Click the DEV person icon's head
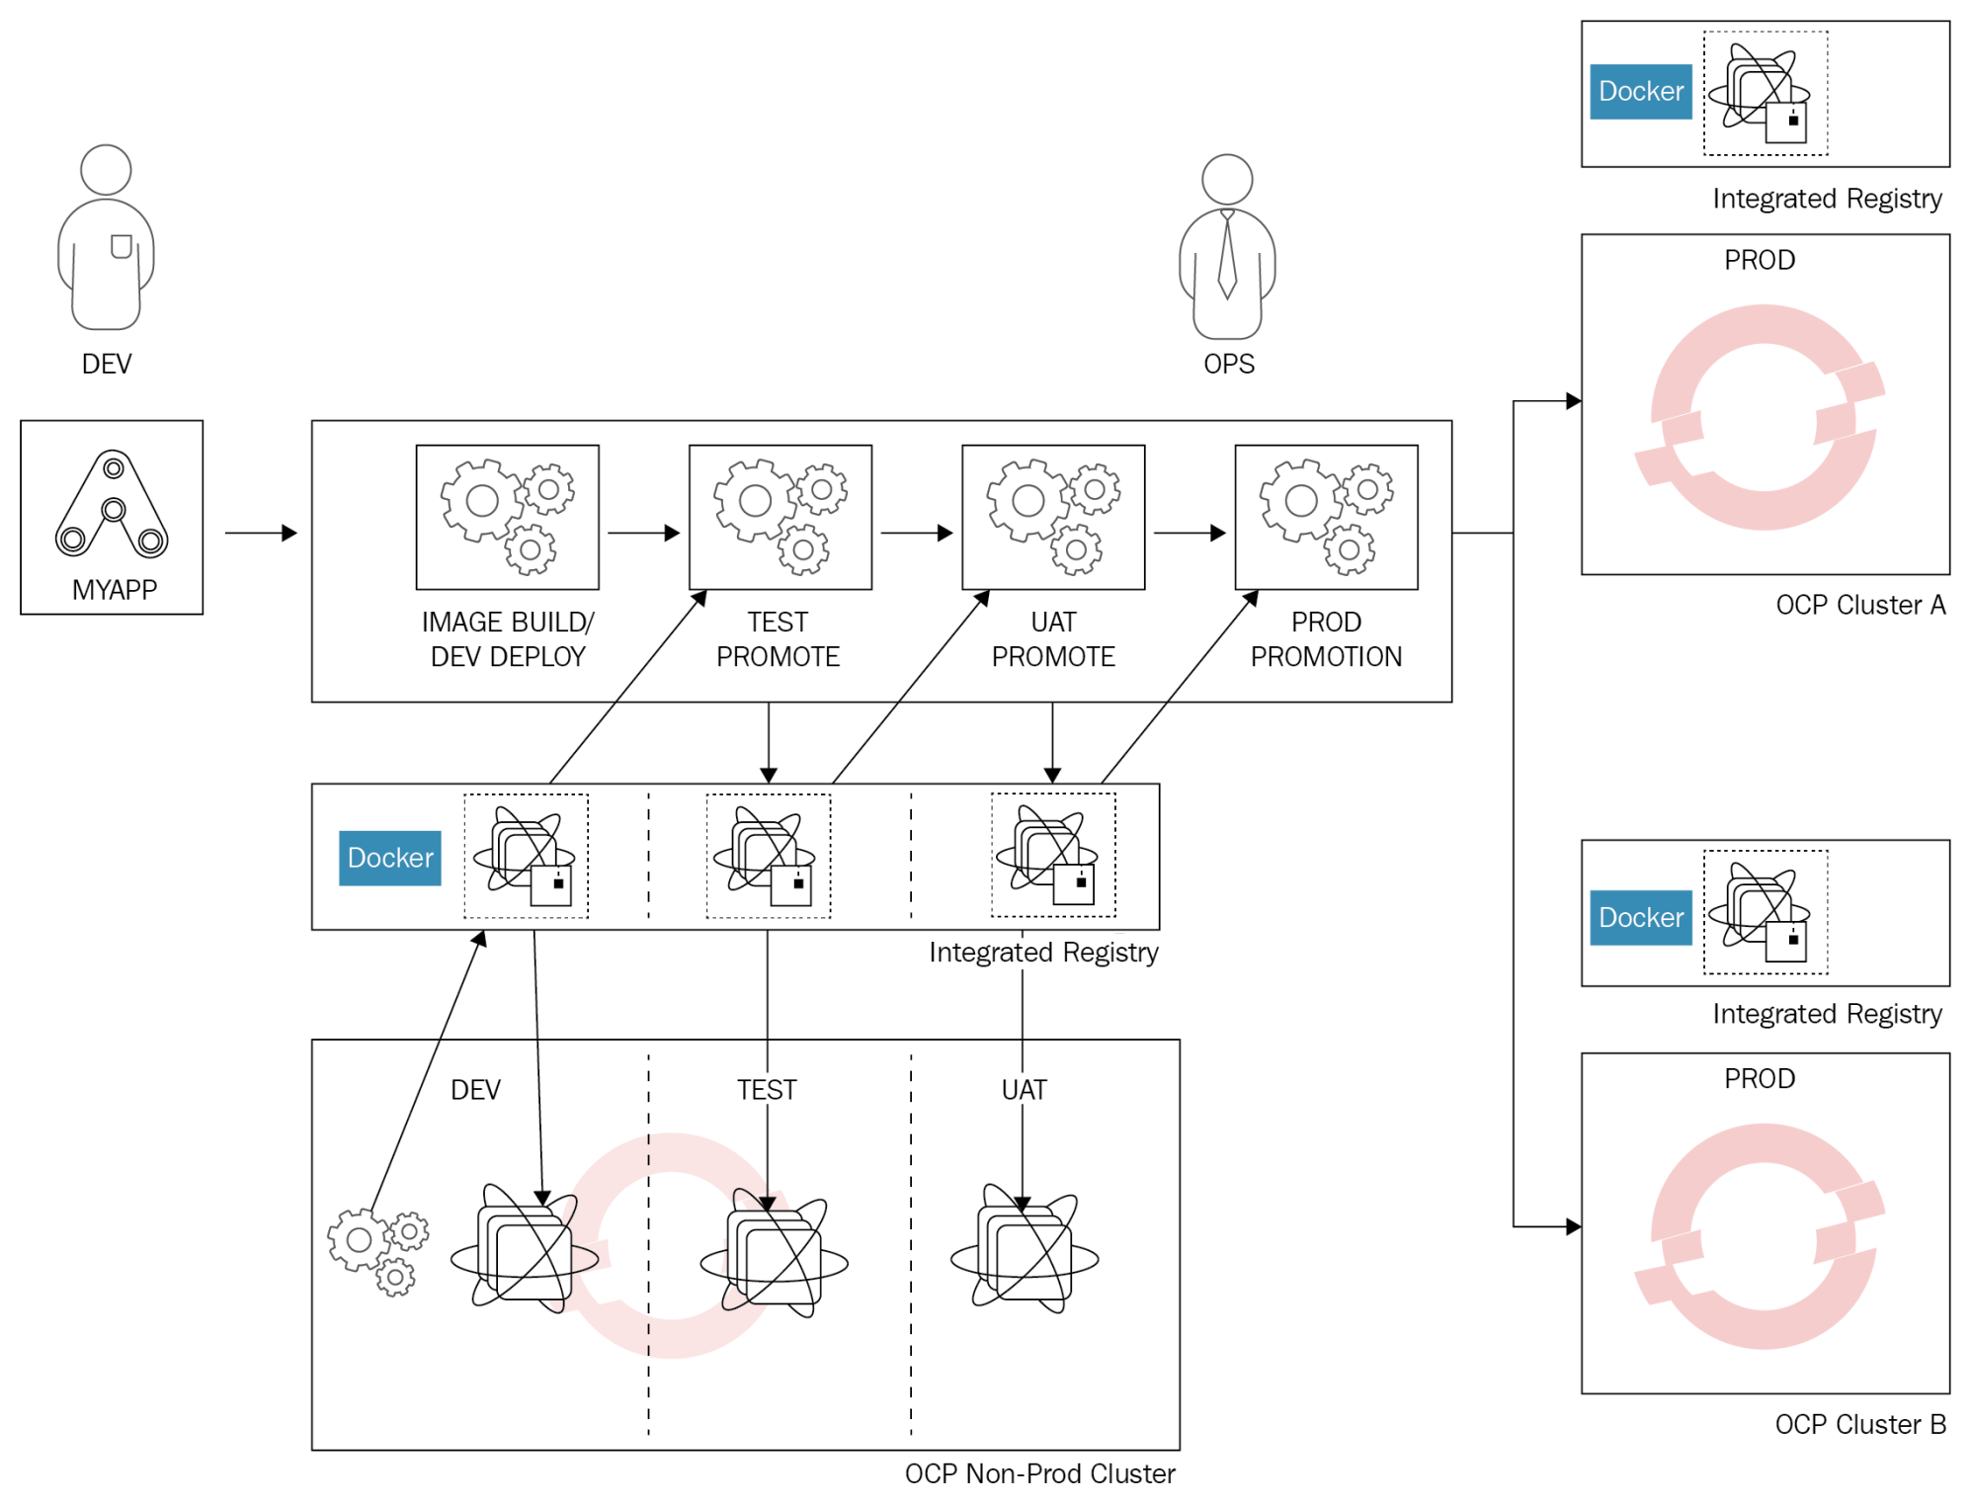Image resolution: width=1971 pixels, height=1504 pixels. pyautogui.click(x=106, y=170)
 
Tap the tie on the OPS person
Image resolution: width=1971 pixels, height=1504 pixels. pyautogui.click(x=1227, y=256)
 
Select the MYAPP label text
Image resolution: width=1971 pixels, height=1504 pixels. pyautogui.click(x=115, y=590)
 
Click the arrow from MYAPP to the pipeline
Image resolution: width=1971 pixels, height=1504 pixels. pyautogui.click(x=261, y=534)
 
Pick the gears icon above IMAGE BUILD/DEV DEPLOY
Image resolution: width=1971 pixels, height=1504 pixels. pyautogui.click(x=507, y=517)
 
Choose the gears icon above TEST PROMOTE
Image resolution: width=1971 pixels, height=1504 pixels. pyautogui.click(x=780, y=517)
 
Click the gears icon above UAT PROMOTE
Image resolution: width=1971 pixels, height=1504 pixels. pyautogui.click(x=1053, y=517)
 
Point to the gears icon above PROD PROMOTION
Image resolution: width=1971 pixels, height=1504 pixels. pyautogui.click(x=1326, y=517)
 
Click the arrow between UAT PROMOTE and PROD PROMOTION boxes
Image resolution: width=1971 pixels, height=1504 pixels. pyautogui.click(x=1190, y=534)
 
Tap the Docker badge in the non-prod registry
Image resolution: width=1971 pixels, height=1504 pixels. pyautogui.click(x=390, y=858)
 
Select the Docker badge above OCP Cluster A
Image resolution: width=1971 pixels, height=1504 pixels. pyautogui.click(x=1640, y=92)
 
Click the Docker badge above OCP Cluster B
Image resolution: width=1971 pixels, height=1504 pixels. pyautogui.click(x=1640, y=917)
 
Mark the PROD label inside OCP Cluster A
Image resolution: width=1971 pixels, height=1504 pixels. pyautogui.click(x=1759, y=260)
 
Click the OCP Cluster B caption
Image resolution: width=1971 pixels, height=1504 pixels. pyautogui.click(x=1859, y=1424)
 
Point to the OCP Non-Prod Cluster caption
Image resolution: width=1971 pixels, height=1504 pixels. pyautogui.click(x=1039, y=1473)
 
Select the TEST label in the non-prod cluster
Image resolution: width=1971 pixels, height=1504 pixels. pyautogui.click(x=766, y=1090)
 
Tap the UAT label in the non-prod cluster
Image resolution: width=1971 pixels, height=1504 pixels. pyautogui.click(x=1024, y=1090)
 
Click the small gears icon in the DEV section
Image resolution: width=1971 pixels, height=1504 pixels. pyautogui.click(x=378, y=1250)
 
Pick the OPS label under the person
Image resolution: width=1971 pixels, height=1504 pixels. pyautogui.click(x=1228, y=364)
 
